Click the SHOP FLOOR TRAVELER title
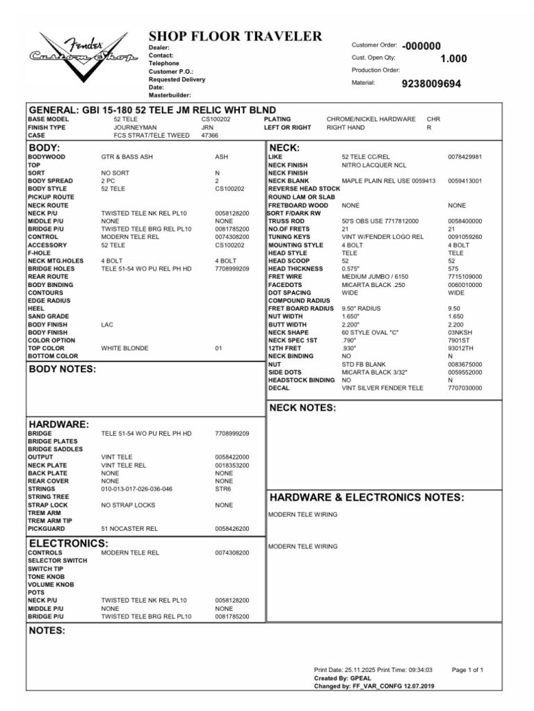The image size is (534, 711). [x=235, y=37]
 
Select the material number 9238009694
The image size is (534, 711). [x=431, y=83]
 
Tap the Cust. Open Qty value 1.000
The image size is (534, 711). [x=453, y=59]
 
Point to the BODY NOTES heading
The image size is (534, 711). [x=62, y=369]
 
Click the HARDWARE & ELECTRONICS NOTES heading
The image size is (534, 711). [x=366, y=498]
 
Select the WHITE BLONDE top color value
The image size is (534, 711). [x=124, y=348]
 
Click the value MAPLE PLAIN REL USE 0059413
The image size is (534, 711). [x=389, y=181]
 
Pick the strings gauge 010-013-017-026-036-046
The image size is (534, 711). [x=137, y=489]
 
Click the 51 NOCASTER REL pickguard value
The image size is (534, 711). [x=129, y=529]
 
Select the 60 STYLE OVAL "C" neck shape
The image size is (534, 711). [x=371, y=332]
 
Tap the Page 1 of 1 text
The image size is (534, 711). [x=467, y=670]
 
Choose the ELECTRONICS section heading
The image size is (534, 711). [x=67, y=543]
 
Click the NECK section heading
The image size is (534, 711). [x=284, y=148]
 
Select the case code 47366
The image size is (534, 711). [x=210, y=136]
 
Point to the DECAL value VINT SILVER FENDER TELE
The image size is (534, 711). [x=382, y=389]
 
